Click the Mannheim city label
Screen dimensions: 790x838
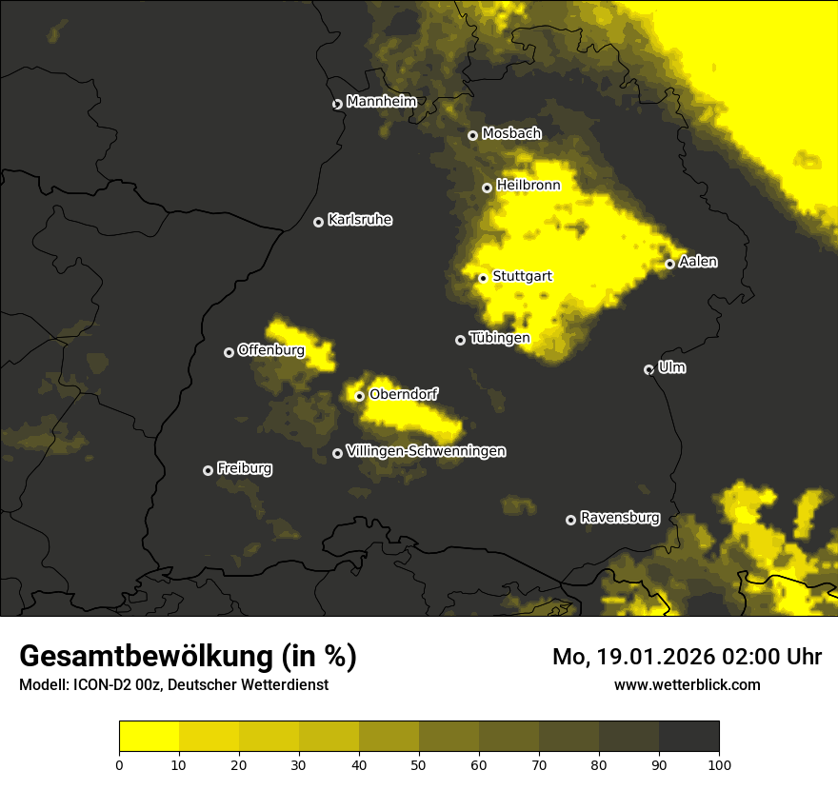tap(382, 101)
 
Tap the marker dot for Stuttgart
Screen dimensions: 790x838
tap(483, 278)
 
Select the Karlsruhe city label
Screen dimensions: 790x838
tap(360, 220)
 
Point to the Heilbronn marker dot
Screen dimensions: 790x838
tap(487, 188)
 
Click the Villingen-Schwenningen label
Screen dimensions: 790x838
tap(426, 451)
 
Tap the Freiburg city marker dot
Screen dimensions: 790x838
tap(208, 470)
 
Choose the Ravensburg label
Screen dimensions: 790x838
tap(620, 518)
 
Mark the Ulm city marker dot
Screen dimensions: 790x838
tap(648, 369)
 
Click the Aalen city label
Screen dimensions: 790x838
tap(698, 262)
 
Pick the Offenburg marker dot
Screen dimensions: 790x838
tap(229, 352)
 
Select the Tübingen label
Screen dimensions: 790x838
tap(500, 337)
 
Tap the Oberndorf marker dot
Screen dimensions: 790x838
tap(359, 396)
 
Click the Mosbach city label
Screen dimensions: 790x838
tap(511, 134)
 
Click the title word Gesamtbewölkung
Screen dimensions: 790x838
tap(147, 657)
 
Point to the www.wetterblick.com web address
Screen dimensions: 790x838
tap(688, 684)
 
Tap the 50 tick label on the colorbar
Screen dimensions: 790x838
tap(419, 764)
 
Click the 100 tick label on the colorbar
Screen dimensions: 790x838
tap(718, 764)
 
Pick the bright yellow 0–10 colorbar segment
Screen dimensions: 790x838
tap(150, 737)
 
